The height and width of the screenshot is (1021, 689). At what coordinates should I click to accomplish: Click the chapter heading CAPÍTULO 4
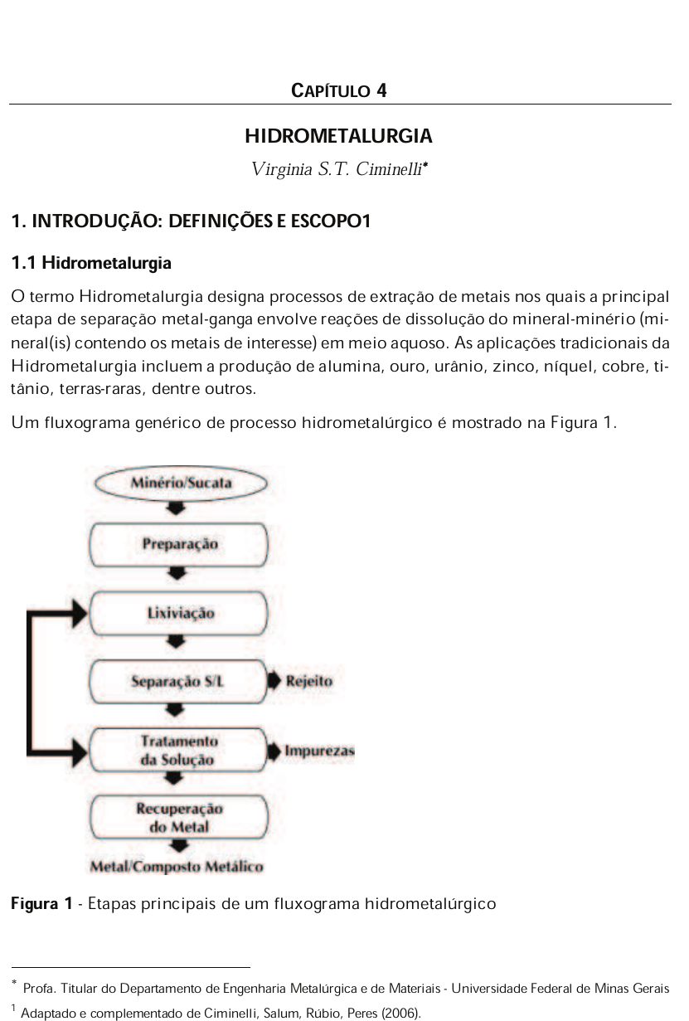[339, 90]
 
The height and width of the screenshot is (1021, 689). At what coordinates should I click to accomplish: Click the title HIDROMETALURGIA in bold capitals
[338, 135]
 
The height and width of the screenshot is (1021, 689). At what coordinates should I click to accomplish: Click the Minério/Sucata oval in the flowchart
[180, 482]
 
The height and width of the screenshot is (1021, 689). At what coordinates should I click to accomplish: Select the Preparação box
[179, 544]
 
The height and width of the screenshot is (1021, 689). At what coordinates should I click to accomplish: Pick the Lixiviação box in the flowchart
[179, 614]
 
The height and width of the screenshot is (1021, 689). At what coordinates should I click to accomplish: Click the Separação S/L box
[179, 681]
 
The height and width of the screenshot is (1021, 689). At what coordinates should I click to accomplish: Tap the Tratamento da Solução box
[179, 750]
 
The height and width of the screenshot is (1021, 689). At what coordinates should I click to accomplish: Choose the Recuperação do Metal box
[179, 817]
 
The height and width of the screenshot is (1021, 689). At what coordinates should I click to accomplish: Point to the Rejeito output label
[309, 681]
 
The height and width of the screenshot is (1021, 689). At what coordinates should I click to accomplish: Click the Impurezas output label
[319, 751]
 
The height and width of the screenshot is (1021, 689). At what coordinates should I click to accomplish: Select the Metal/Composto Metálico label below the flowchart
[177, 868]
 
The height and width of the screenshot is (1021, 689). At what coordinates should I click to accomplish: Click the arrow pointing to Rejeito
[275, 681]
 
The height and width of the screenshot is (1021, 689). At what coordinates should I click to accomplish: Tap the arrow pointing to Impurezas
[275, 751]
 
